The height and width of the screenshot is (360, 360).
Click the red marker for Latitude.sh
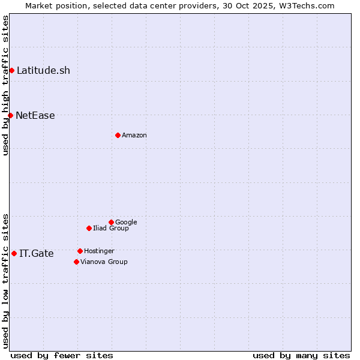[x=11, y=71]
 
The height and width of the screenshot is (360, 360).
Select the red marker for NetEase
[x=10, y=115]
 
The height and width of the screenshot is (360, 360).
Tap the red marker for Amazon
[x=118, y=135]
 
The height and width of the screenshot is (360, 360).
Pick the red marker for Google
[x=111, y=222]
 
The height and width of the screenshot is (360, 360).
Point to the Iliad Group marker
[x=89, y=228]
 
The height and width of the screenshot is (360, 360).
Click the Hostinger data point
[x=80, y=251]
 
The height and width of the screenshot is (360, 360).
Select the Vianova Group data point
[x=76, y=262]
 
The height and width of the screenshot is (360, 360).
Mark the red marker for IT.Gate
[x=14, y=253]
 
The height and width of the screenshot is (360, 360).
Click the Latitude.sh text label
[x=43, y=71]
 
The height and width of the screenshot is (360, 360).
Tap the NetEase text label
[x=35, y=116]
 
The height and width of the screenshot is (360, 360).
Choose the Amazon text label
[x=134, y=136]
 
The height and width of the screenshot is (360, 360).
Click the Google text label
[x=126, y=222]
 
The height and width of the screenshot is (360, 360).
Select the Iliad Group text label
[x=111, y=228]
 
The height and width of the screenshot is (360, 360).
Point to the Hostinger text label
[x=99, y=251]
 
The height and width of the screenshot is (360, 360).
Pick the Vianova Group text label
[x=104, y=262]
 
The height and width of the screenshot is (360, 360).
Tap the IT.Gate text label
[x=37, y=254]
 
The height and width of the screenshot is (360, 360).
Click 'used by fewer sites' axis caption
[x=62, y=355]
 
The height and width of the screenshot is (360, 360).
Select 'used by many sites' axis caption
[x=301, y=355]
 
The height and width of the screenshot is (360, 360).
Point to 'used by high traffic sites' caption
[x=5, y=85]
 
